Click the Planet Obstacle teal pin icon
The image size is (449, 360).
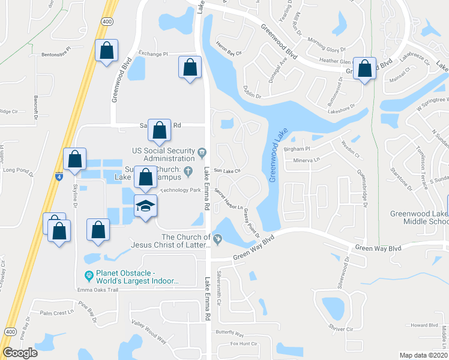tap(89, 276)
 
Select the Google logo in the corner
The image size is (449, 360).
tap(20, 353)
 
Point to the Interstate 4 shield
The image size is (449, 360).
tap(59, 177)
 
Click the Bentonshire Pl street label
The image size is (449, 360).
tap(56, 55)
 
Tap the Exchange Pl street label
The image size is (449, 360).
tap(153, 54)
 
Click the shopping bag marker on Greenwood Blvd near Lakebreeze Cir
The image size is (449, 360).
tap(364, 68)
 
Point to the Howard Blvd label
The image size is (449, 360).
tap(424, 326)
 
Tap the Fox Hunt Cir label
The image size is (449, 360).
tap(244, 344)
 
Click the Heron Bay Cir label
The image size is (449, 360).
tap(229, 53)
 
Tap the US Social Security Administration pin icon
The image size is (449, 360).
tap(202, 151)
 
